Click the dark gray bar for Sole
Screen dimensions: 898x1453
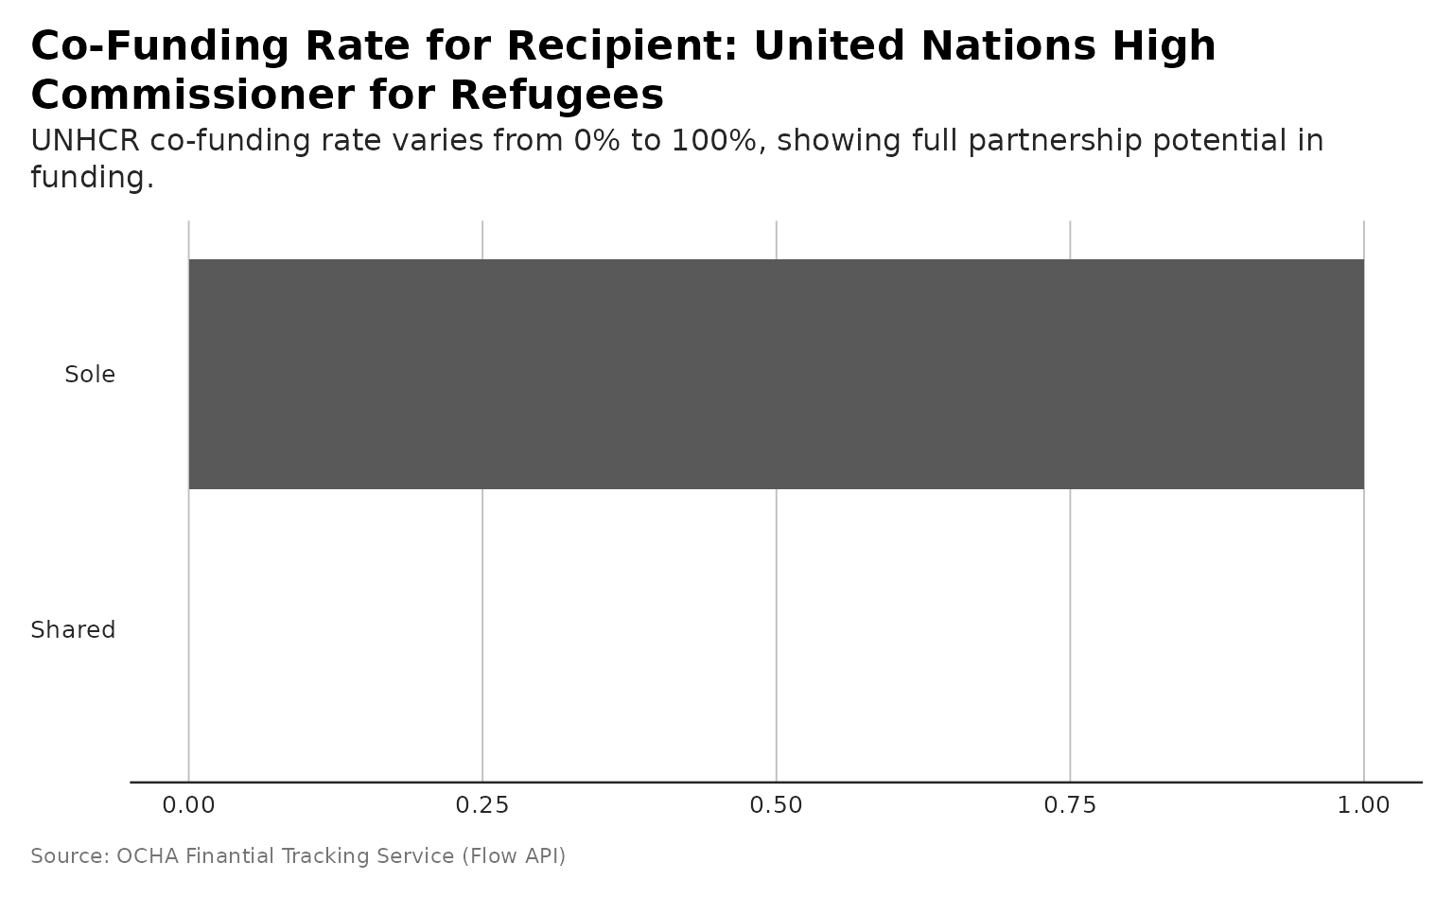776,374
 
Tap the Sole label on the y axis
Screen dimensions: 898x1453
90,375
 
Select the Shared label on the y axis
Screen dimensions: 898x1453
73,630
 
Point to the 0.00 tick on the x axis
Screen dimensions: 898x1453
188,805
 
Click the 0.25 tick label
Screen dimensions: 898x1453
482,805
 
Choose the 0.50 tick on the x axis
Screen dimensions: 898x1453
776,805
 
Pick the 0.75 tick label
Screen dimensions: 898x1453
1070,805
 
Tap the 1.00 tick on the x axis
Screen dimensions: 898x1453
1363,805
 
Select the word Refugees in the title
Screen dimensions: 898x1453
557,95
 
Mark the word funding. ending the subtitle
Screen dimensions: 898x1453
92,177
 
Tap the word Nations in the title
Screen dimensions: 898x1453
1005,45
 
